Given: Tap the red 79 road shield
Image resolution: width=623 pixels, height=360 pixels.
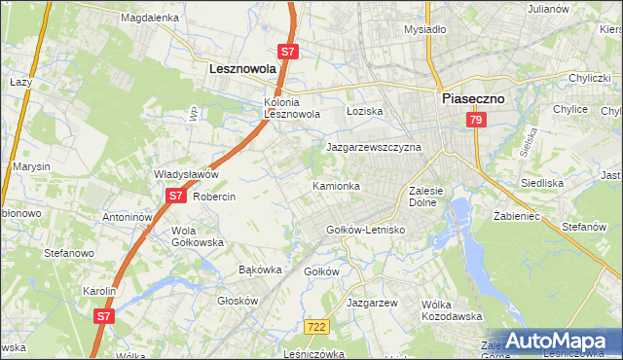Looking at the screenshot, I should pos(475,120).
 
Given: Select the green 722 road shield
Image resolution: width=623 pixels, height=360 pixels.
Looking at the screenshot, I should pos(314,328).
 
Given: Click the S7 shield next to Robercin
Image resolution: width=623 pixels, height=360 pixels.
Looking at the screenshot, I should pos(174,196).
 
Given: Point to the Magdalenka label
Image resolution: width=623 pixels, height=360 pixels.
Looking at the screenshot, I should pos(149,18).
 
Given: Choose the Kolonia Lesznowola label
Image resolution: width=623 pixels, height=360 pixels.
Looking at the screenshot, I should pos(293,108).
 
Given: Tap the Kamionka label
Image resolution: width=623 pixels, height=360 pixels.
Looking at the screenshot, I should pos(336,185).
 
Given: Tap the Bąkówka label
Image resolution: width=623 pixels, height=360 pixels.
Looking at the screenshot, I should pos(260,269).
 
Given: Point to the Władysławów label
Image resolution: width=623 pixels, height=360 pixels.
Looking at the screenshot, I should pos(186,174).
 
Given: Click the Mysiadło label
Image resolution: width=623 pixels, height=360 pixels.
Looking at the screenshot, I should pos(424,29).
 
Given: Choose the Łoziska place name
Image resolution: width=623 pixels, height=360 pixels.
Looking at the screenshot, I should pos(366,111).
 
